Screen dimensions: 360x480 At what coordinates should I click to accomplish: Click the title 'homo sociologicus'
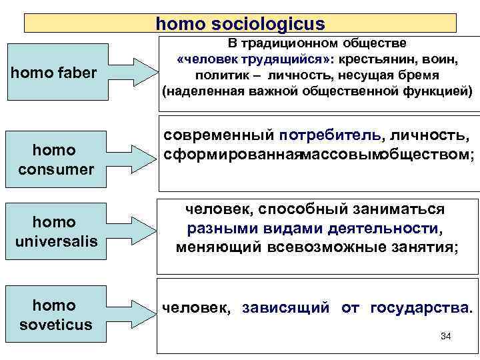(240, 24)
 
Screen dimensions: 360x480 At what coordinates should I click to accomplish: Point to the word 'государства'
(419, 308)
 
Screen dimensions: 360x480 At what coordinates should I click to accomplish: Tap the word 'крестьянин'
(387, 59)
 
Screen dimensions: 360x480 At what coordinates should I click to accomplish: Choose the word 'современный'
(219, 136)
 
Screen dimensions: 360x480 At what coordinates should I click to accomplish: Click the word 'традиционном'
(293, 43)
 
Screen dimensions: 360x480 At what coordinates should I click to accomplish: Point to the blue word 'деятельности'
(383, 229)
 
